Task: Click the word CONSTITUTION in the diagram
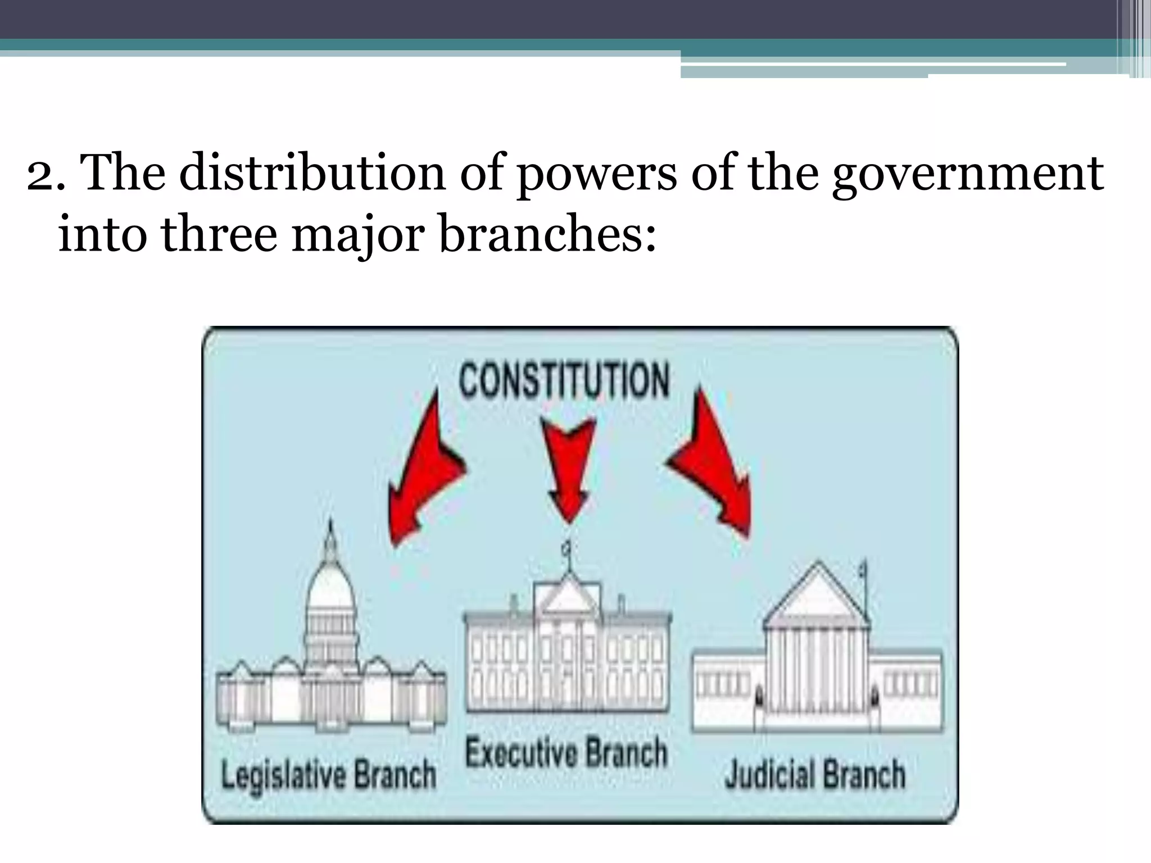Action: click(564, 380)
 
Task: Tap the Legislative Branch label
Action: click(329, 775)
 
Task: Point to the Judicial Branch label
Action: click(815, 775)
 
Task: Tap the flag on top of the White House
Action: click(568, 548)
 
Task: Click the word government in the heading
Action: click(967, 172)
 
